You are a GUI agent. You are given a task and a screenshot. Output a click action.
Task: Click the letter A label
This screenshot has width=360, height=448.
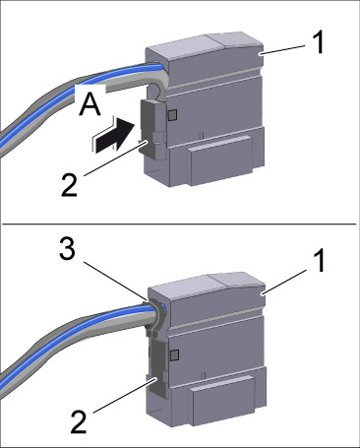(x=90, y=104)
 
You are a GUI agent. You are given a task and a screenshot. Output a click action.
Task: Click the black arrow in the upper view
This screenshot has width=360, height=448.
(x=115, y=135)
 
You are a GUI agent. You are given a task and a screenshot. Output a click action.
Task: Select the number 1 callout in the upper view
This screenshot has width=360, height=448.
(x=317, y=43)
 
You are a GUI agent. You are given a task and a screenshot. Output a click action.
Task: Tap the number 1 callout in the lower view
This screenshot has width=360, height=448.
(x=317, y=261)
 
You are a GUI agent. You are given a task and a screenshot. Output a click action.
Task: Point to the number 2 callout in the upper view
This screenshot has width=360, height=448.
(x=69, y=185)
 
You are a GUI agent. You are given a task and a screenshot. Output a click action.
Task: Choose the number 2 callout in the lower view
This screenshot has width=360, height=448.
(x=79, y=422)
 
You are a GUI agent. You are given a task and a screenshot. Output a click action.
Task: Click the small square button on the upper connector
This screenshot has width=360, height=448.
(x=172, y=114)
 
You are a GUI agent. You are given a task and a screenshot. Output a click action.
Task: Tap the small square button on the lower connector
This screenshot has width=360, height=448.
(x=174, y=354)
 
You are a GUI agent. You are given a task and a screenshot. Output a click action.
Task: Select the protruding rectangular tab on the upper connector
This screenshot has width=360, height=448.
(x=221, y=160)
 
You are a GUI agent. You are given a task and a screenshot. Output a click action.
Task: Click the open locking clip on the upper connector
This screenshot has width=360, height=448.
(x=152, y=130)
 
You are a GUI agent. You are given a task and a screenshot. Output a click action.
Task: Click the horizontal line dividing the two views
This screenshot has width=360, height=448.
(x=179, y=224)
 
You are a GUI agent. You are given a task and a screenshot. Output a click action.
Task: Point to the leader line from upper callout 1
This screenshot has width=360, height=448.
(x=282, y=50)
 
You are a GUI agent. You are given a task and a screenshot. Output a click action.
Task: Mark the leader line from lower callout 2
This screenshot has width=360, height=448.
(x=124, y=395)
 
